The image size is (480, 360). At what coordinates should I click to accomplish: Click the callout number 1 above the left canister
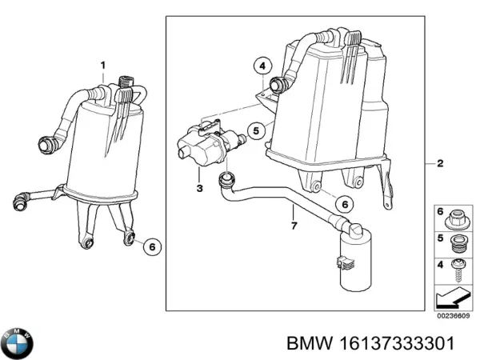[x=102, y=64]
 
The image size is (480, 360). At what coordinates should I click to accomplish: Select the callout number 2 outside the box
[x=439, y=164]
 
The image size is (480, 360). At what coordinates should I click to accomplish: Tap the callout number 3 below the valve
[x=199, y=187]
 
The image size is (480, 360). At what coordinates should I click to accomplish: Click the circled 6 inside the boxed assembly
[x=342, y=204]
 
